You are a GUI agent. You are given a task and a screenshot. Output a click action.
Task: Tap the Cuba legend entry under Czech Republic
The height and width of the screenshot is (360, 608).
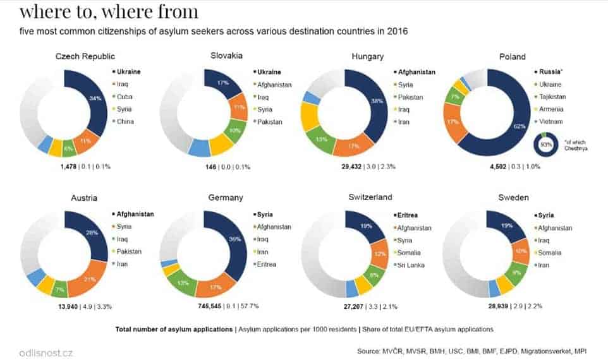[x=124, y=97]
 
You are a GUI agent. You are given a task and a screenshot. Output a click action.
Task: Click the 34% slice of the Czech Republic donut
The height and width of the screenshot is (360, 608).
[x=95, y=99]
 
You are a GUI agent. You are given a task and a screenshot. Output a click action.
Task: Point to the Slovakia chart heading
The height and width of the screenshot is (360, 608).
[x=226, y=56]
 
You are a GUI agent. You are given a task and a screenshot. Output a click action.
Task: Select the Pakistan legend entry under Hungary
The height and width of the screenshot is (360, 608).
[x=410, y=97]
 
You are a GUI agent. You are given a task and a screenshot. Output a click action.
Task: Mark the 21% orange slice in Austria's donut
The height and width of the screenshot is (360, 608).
[x=88, y=279]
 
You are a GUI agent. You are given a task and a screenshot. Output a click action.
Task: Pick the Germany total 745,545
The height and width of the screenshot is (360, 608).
[x=213, y=306]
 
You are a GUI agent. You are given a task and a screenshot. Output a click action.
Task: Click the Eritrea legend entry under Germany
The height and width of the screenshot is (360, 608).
[x=266, y=264]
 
